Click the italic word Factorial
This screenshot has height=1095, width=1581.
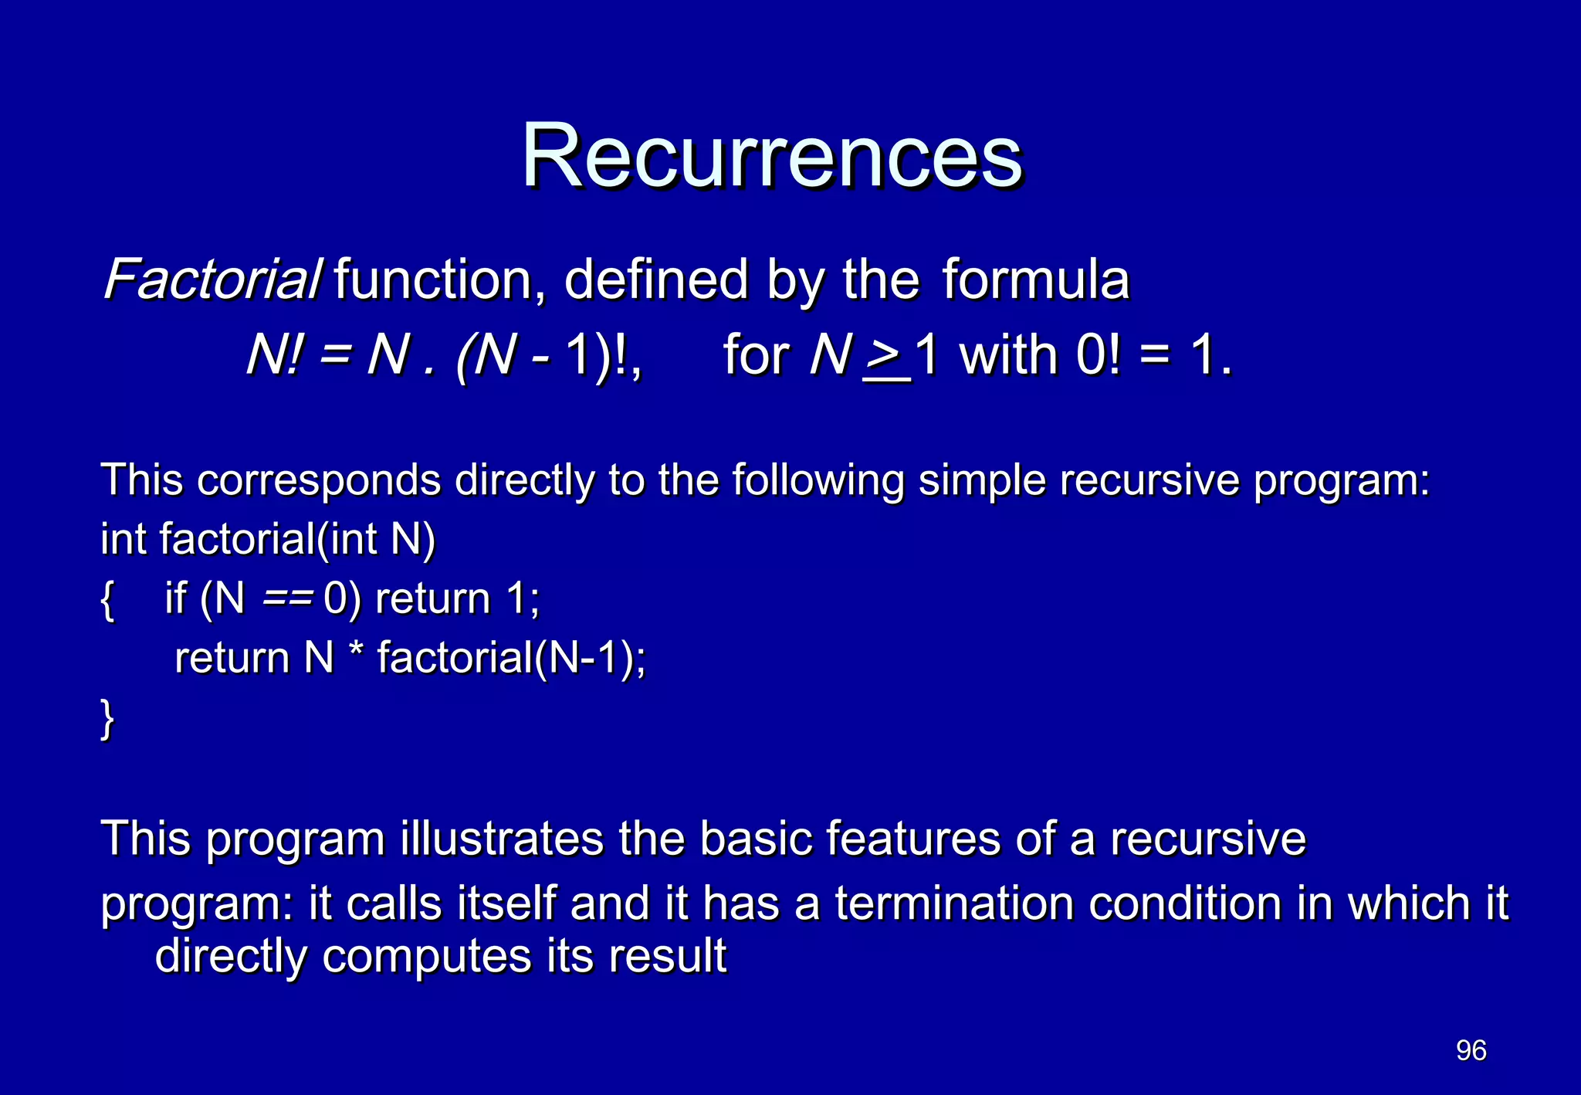pos(212,280)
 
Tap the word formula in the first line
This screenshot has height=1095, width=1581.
pos(1035,280)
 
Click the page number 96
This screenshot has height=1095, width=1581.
pos(1471,1050)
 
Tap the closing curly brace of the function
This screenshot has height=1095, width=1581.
pos(107,719)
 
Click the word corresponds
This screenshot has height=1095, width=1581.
pos(319,481)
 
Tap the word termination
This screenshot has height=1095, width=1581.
pos(954,904)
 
